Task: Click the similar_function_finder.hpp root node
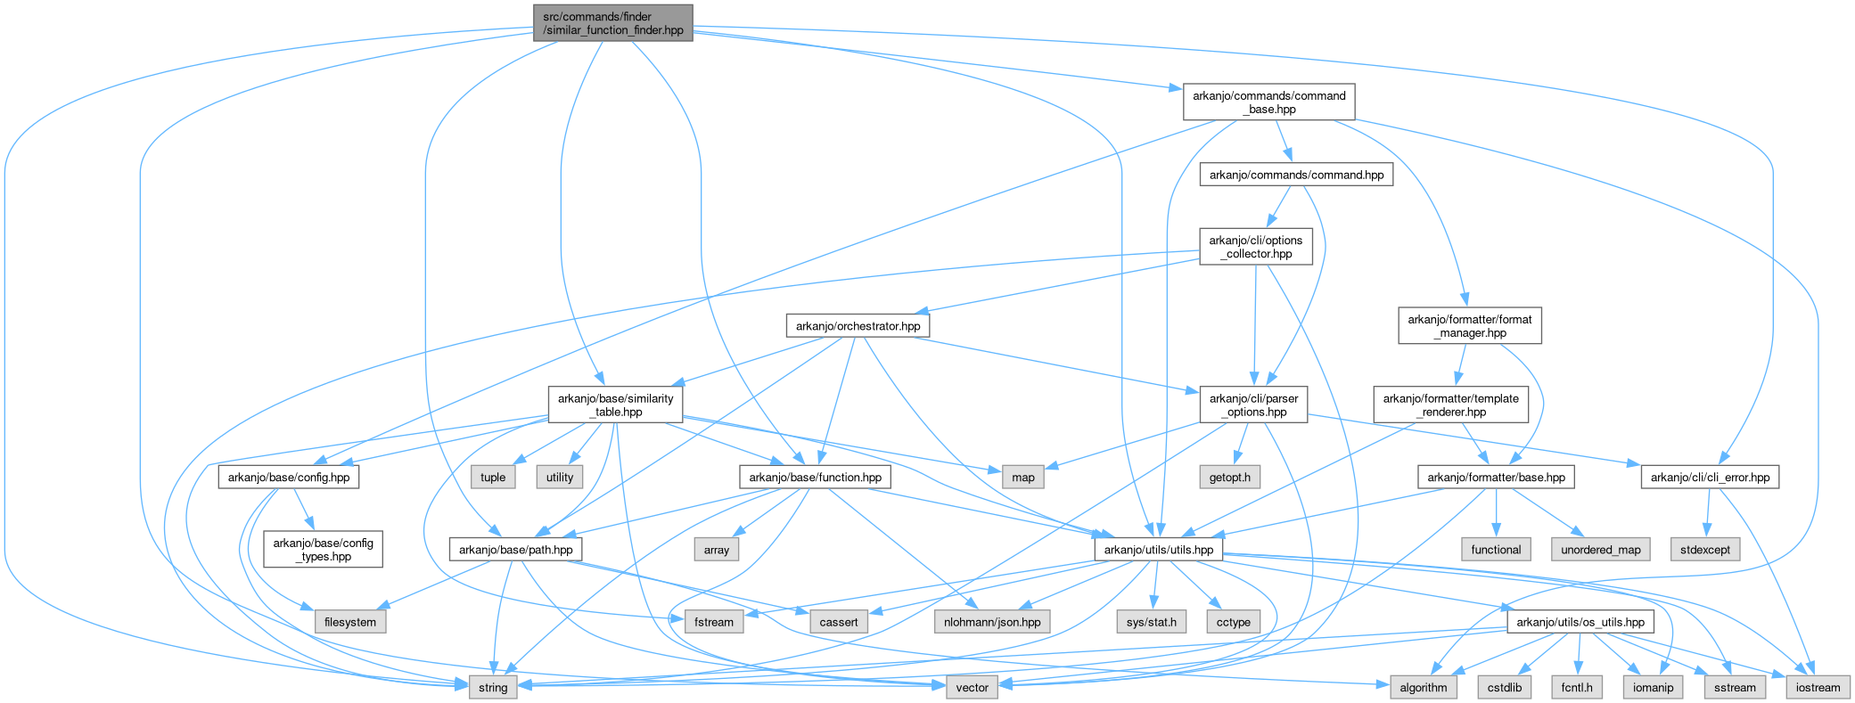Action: tap(612, 23)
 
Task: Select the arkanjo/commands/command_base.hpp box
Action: tap(1268, 102)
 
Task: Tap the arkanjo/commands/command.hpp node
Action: tap(1296, 175)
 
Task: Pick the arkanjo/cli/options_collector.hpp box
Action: tap(1255, 247)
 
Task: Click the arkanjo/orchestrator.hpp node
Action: tap(858, 326)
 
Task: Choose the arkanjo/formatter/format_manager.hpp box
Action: tap(1469, 326)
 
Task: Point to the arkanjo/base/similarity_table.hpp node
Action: tap(615, 405)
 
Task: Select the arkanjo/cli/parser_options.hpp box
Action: tap(1253, 405)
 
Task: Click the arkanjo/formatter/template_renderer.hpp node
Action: tap(1450, 405)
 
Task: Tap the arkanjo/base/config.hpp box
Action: tap(289, 478)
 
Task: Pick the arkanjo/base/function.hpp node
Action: tap(815, 478)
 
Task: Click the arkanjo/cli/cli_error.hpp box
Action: tap(1710, 478)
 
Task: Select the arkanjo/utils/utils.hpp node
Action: tap(1158, 550)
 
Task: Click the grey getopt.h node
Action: tap(1229, 478)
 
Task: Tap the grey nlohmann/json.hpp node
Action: tap(992, 622)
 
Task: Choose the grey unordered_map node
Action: tap(1600, 550)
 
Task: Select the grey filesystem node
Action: tap(350, 622)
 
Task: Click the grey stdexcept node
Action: tap(1704, 550)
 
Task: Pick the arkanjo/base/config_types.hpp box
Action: tap(323, 550)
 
